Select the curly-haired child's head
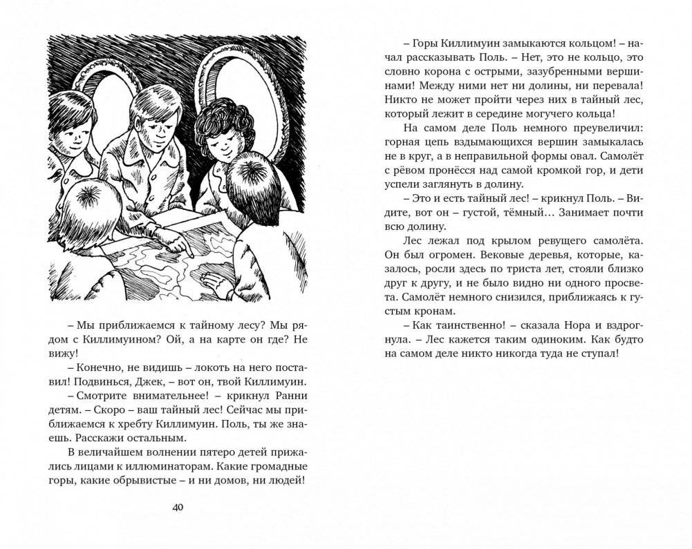click(x=218, y=131)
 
